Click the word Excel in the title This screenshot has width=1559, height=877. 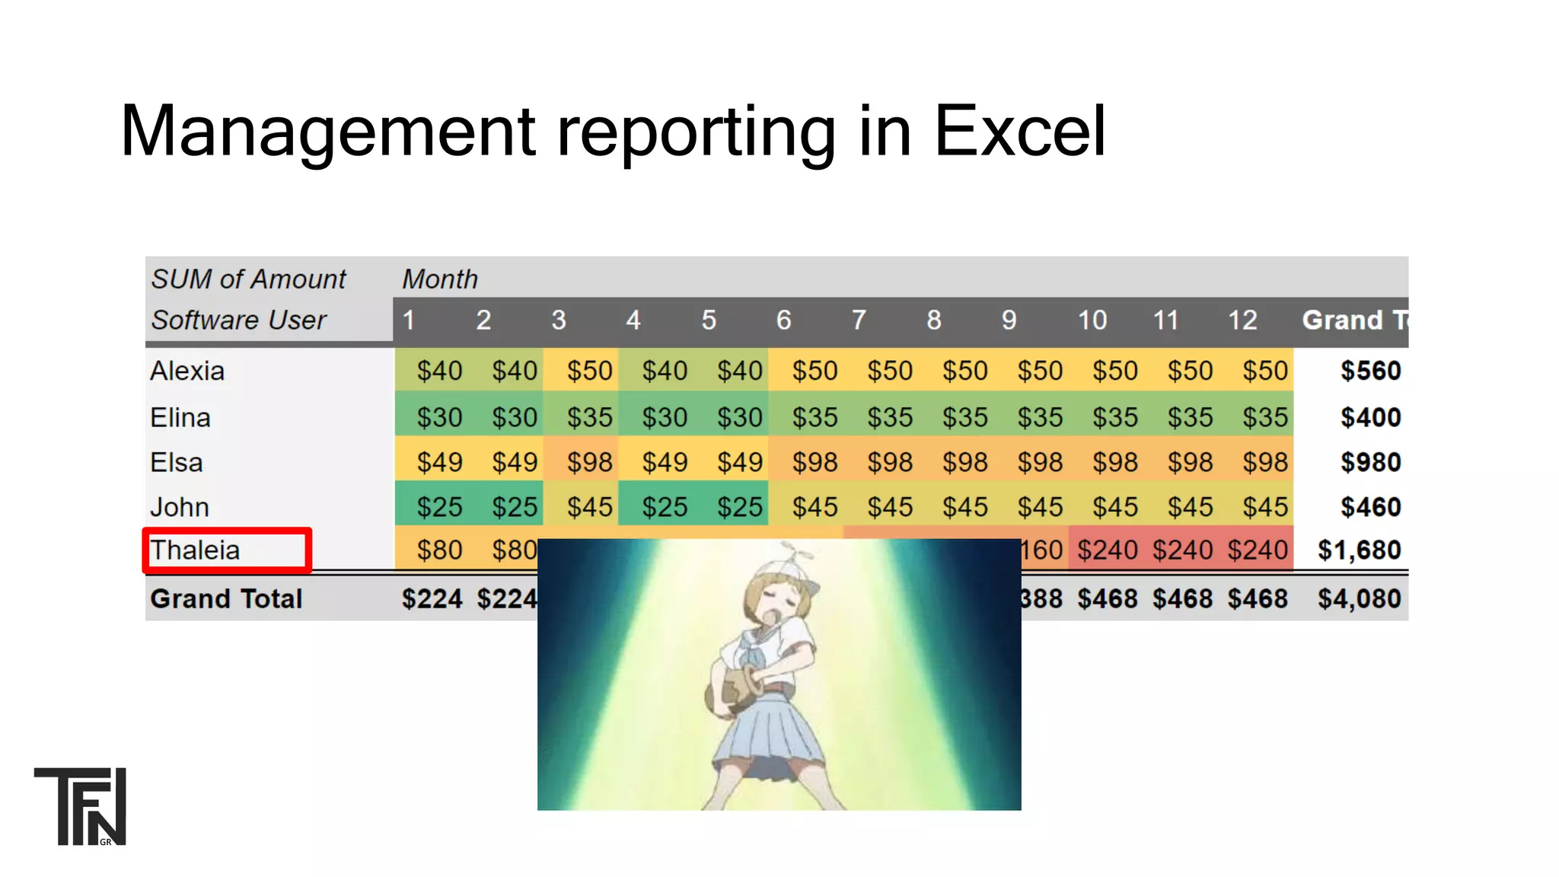click(1019, 131)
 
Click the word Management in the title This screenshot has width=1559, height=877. click(328, 131)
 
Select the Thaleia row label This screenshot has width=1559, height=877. click(196, 550)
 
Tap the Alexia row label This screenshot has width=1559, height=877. click(187, 371)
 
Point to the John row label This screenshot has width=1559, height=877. click(180, 507)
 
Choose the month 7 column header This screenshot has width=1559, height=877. click(859, 320)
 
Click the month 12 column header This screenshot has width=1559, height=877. click(1242, 320)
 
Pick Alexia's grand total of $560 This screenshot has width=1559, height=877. click(1370, 371)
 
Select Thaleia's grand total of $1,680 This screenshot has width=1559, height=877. click(1359, 550)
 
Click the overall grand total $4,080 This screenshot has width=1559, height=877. click(1359, 599)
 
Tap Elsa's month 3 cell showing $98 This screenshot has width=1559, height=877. click(589, 462)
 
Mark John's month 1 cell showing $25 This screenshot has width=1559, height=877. click(439, 507)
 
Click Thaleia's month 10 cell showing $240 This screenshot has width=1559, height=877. click(1107, 550)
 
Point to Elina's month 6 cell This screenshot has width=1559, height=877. click(815, 417)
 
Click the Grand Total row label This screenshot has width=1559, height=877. click(226, 599)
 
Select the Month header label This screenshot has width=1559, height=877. click(440, 279)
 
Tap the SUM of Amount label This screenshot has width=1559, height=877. click(248, 279)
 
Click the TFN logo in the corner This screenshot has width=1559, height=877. click(81, 806)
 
